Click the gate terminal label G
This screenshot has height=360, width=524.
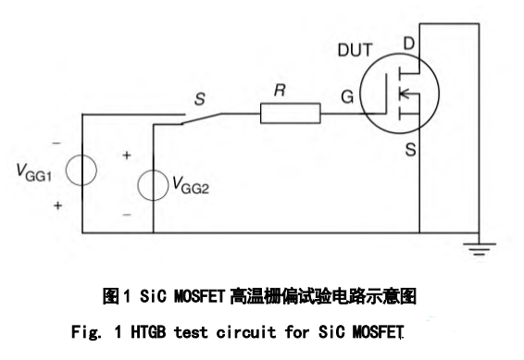point(348,94)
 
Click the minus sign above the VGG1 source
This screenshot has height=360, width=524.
point(56,144)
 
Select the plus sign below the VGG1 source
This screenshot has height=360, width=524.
point(57,206)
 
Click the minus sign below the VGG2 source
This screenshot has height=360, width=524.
point(127,215)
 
